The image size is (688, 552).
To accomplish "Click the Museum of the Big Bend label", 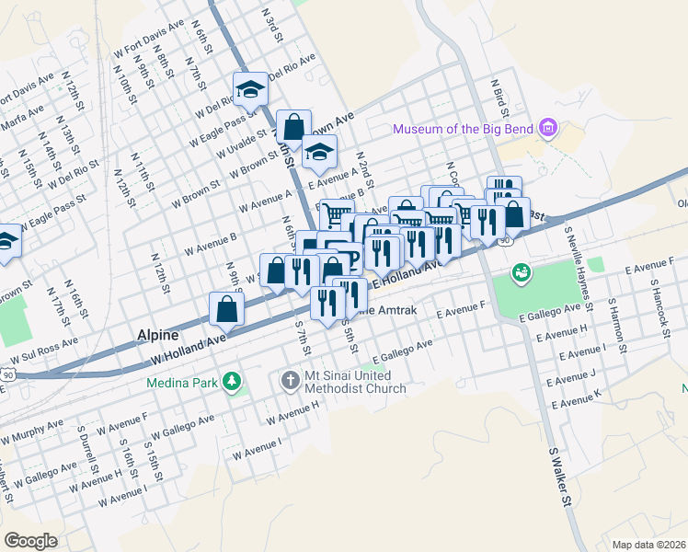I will point(464,129).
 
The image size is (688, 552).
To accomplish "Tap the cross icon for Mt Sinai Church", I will point(289,381).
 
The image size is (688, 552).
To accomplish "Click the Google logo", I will point(29,540).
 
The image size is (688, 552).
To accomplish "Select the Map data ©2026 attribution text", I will point(648,544).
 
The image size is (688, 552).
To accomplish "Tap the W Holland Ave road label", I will point(188,349).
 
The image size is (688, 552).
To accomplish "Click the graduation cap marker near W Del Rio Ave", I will point(250,90).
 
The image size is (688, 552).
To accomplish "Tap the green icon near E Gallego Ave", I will point(522,273).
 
